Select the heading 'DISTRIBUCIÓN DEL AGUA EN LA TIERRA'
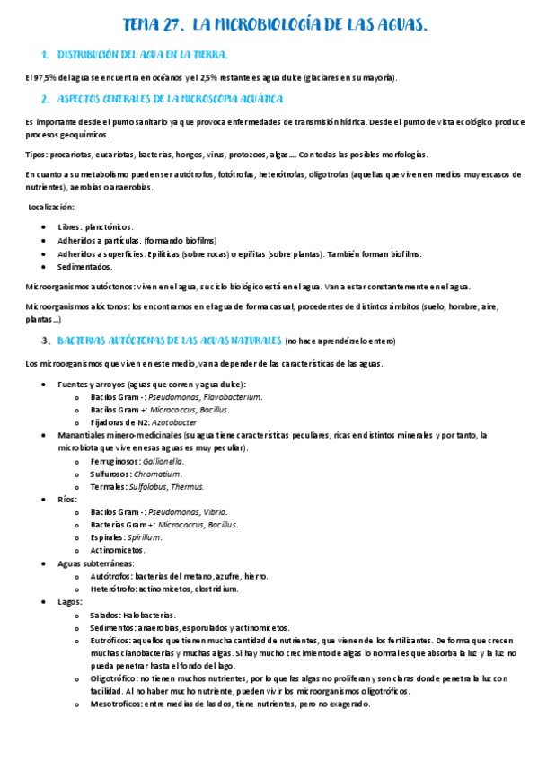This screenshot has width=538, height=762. point(144,55)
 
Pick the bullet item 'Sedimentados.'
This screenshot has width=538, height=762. point(85,267)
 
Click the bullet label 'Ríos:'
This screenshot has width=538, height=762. point(67,499)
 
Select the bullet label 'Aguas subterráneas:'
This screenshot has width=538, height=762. point(95,563)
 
